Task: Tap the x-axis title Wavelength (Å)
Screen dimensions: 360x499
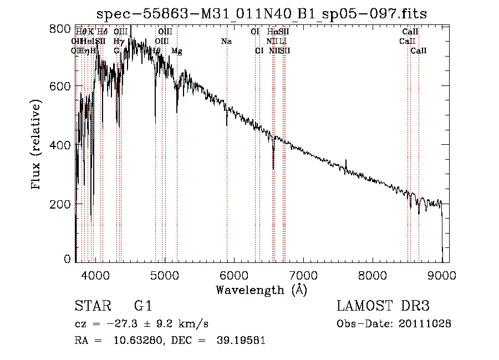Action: [x=261, y=290]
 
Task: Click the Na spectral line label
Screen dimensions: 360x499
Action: [x=226, y=42]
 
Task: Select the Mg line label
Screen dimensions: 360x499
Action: [x=176, y=51]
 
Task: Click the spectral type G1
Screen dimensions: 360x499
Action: [x=143, y=306]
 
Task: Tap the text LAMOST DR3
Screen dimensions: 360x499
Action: [x=383, y=306]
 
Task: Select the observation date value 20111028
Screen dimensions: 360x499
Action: [x=427, y=324]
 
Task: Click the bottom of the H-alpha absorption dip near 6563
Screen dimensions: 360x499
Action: [x=273, y=169]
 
